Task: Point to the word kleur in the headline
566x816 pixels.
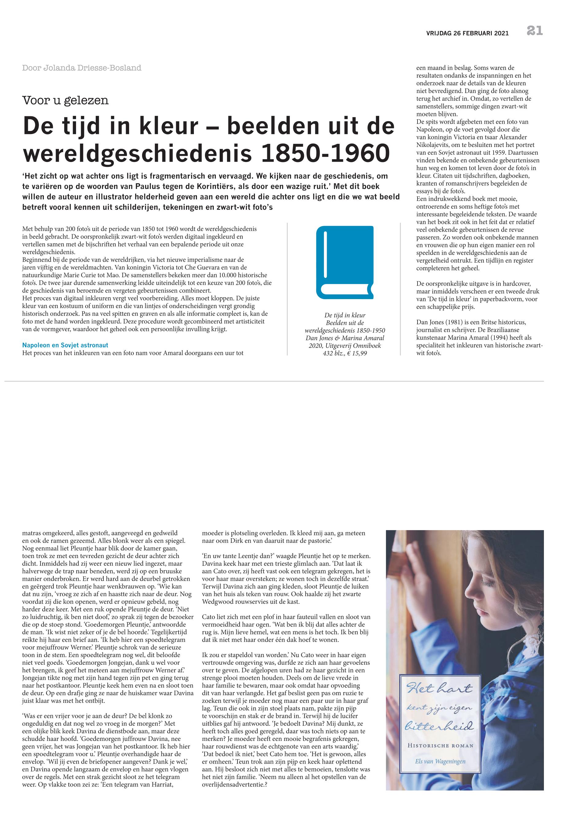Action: coord(167,127)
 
